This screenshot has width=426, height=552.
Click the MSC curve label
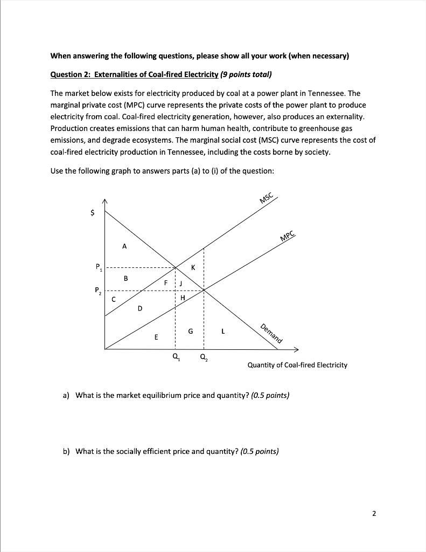[267, 198]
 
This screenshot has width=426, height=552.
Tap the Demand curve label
[271, 333]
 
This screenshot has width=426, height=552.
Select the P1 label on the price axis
[98, 266]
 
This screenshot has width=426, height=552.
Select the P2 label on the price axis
[98, 291]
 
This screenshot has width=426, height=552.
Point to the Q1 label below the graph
[175, 357]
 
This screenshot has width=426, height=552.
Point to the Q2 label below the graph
[203, 357]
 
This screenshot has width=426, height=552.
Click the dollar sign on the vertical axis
[92, 213]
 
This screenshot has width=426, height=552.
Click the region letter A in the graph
[124, 246]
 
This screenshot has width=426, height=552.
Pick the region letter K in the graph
[193, 267]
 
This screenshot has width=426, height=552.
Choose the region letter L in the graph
[223, 331]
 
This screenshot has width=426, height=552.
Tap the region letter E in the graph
[156, 337]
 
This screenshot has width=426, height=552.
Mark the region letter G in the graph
[190, 331]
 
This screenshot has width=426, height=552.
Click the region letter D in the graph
[140, 308]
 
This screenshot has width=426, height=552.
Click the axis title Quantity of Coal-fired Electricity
[297, 365]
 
